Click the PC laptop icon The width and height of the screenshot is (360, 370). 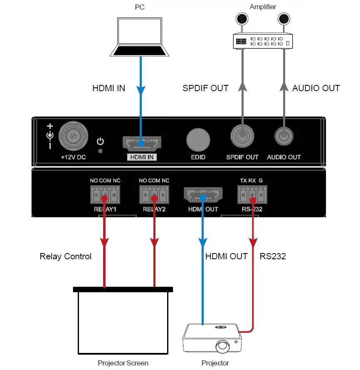coord(141,37)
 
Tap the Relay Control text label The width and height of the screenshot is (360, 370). coord(66,256)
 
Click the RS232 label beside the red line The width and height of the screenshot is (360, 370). coord(273,256)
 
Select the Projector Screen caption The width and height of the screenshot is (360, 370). coord(123,363)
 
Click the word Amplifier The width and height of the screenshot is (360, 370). coord(263,7)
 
